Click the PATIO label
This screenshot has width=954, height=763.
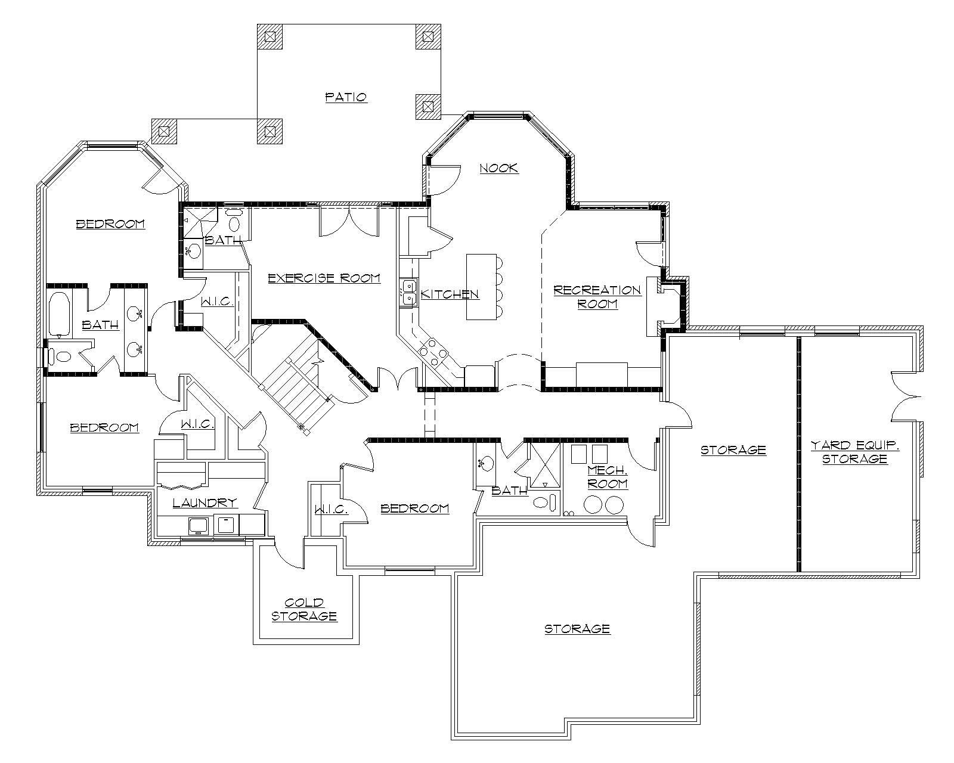coord(346,97)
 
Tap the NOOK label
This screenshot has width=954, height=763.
coord(499,168)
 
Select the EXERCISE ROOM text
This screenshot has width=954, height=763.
coord(324,278)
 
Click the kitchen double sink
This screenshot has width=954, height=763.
coord(409,292)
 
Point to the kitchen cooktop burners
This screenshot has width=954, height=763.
coord(433,352)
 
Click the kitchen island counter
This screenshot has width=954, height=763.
coord(481,287)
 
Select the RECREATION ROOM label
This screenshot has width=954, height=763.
coord(597,297)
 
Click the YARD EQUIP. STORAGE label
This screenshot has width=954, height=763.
coord(855,452)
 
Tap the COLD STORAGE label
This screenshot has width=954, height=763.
coord(304,610)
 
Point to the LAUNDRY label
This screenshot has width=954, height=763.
coord(205,503)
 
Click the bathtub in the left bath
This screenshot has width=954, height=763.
coord(59,314)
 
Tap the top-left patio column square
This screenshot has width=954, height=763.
coord(270,36)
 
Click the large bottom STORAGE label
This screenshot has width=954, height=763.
coord(577,628)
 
